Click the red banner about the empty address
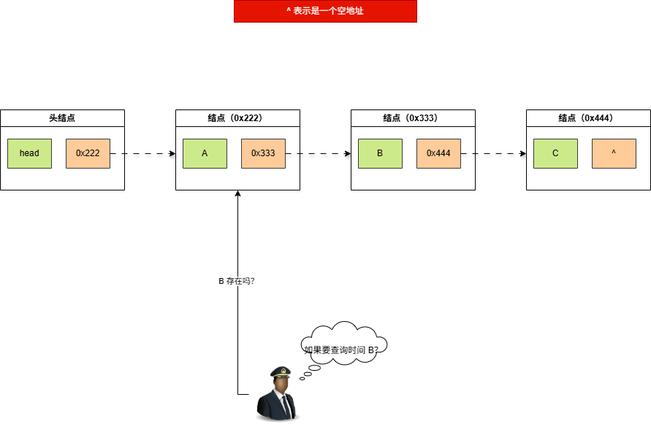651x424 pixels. pyautogui.click(x=325, y=12)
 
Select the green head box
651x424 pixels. pyautogui.click(x=29, y=153)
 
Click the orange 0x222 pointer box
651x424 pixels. pyautogui.click(x=88, y=153)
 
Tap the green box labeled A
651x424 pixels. pyautogui.click(x=205, y=153)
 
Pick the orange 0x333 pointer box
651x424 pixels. pyautogui.click(x=263, y=153)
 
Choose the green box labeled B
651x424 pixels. pyautogui.click(x=380, y=153)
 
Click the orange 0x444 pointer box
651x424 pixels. pyautogui.click(x=438, y=153)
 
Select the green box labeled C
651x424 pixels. pyautogui.click(x=555, y=153)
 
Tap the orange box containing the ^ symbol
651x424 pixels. pyautogui.click(x=614, y=153)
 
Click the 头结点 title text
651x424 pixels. pyautogui.click(x=62, y=117)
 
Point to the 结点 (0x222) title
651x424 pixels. pyautogui.click(x=237, y=117)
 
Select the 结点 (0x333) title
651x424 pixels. pyautogui.click(x=413, y=117)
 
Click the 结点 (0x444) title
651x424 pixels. pyautogui.click(x=588, y=117)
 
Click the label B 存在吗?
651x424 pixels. pyautogui.click(x=237, y=281)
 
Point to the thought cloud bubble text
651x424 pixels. pyautogui.click(x=341, y=350)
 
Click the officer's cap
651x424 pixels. pyautogui.click(x=280, y=372)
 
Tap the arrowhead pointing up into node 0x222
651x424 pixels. pyautogui.click(x=237, y=194)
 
